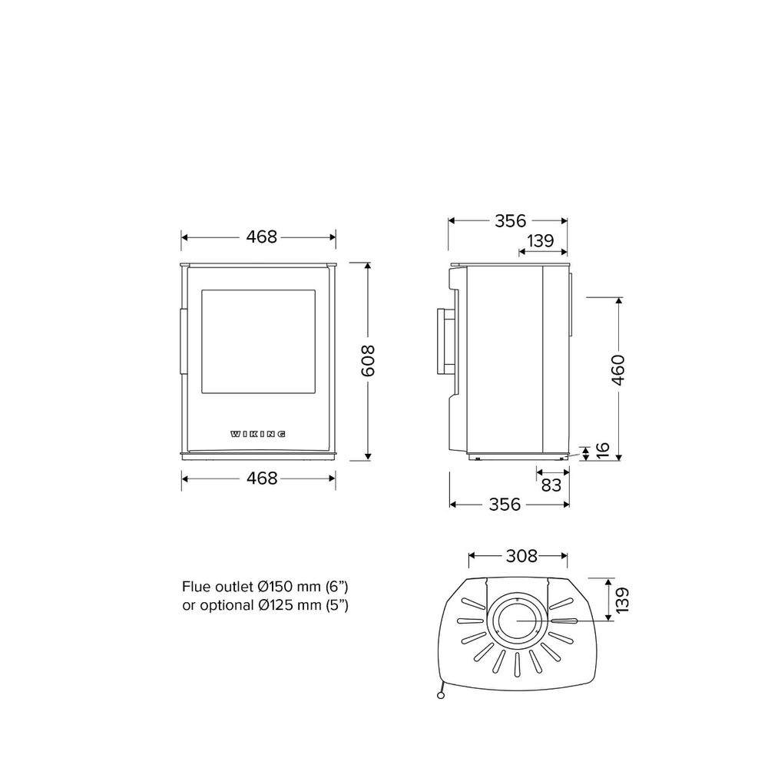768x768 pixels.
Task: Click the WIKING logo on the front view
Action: point(258,434)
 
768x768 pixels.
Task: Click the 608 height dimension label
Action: point(367,361)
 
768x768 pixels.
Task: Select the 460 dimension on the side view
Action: point(618,370)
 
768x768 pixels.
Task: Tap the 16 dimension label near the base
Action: point(602,450)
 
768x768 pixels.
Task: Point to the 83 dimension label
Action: point(551,485)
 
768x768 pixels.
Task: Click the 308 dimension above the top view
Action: point(521,556)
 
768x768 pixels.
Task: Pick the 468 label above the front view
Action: point(262,237)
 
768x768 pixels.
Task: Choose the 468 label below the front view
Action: point(262,478)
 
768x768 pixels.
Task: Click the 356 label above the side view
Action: point(511,221)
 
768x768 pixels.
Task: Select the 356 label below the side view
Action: point(505,504)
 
